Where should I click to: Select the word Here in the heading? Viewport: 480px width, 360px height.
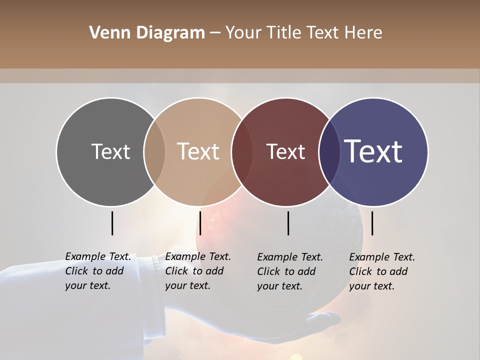click(363, 33)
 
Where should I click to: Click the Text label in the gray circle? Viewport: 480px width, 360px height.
click(110, 151)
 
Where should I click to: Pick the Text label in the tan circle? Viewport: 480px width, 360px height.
click(198, 151)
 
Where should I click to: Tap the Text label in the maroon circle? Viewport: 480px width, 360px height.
click(285, 151)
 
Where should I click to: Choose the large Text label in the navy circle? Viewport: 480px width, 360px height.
click(373, 151)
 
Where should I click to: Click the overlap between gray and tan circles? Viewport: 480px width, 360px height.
click(154, 151)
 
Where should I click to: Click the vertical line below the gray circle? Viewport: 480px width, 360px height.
click(112, 223)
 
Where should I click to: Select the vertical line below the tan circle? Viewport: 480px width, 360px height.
click(200, 223)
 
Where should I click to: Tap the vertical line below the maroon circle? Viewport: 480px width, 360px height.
click(288, 223)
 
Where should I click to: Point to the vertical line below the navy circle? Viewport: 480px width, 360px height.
click(372, 223)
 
